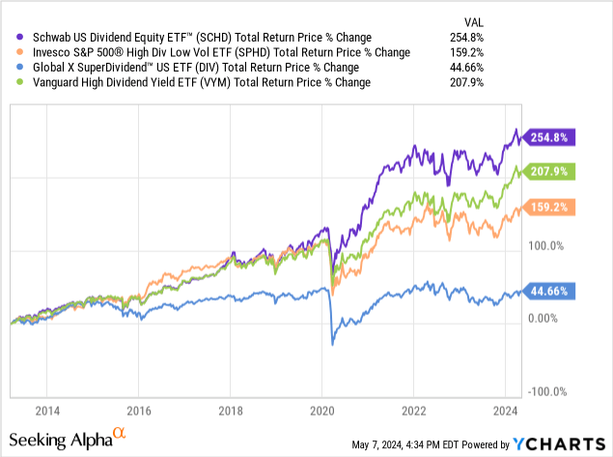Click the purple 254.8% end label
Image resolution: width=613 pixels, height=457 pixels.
548,137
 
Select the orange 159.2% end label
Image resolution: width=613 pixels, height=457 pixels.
548,207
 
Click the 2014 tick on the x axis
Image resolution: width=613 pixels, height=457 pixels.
46,408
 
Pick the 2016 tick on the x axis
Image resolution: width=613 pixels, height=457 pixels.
138,408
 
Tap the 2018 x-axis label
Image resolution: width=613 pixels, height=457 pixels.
230,408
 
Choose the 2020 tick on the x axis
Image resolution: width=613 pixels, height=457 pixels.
321,408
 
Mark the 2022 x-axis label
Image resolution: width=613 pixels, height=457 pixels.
413,408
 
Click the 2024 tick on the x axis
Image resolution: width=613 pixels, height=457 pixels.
505,408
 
